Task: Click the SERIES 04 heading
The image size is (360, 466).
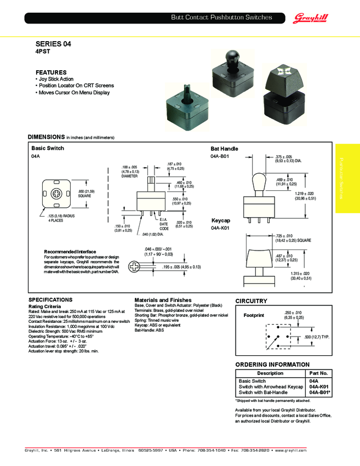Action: click(x=53, y=43)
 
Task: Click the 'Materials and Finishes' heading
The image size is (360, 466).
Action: click(x=163, y=300)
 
